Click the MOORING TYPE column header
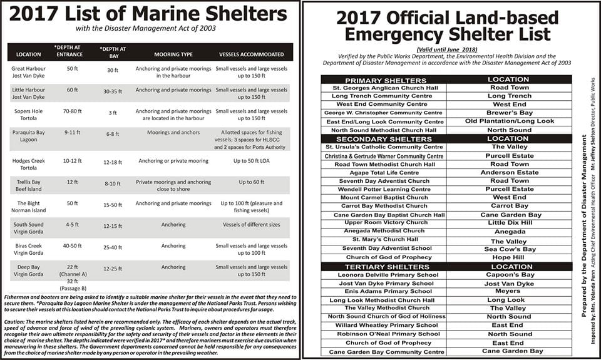(x=173, y=54)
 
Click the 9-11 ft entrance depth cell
(x=72, y=133)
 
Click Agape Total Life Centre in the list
(x=384, y=172)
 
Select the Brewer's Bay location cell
(x=510, y=113)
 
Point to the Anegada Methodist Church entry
(x=384, y=231)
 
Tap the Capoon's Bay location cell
(x=510, y=275)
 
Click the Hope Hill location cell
(x=510, y=257)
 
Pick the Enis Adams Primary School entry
(x=384, y=291)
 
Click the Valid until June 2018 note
(x=446, y=49)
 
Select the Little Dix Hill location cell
(x=510, y=222)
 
